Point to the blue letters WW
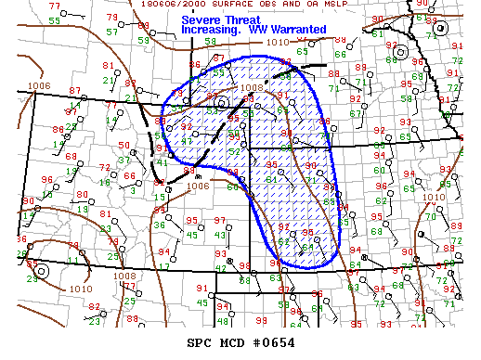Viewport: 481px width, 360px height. (263, 30)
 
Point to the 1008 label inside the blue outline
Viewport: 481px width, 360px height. (251, 89)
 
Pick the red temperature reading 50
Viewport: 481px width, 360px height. (124, 147)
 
